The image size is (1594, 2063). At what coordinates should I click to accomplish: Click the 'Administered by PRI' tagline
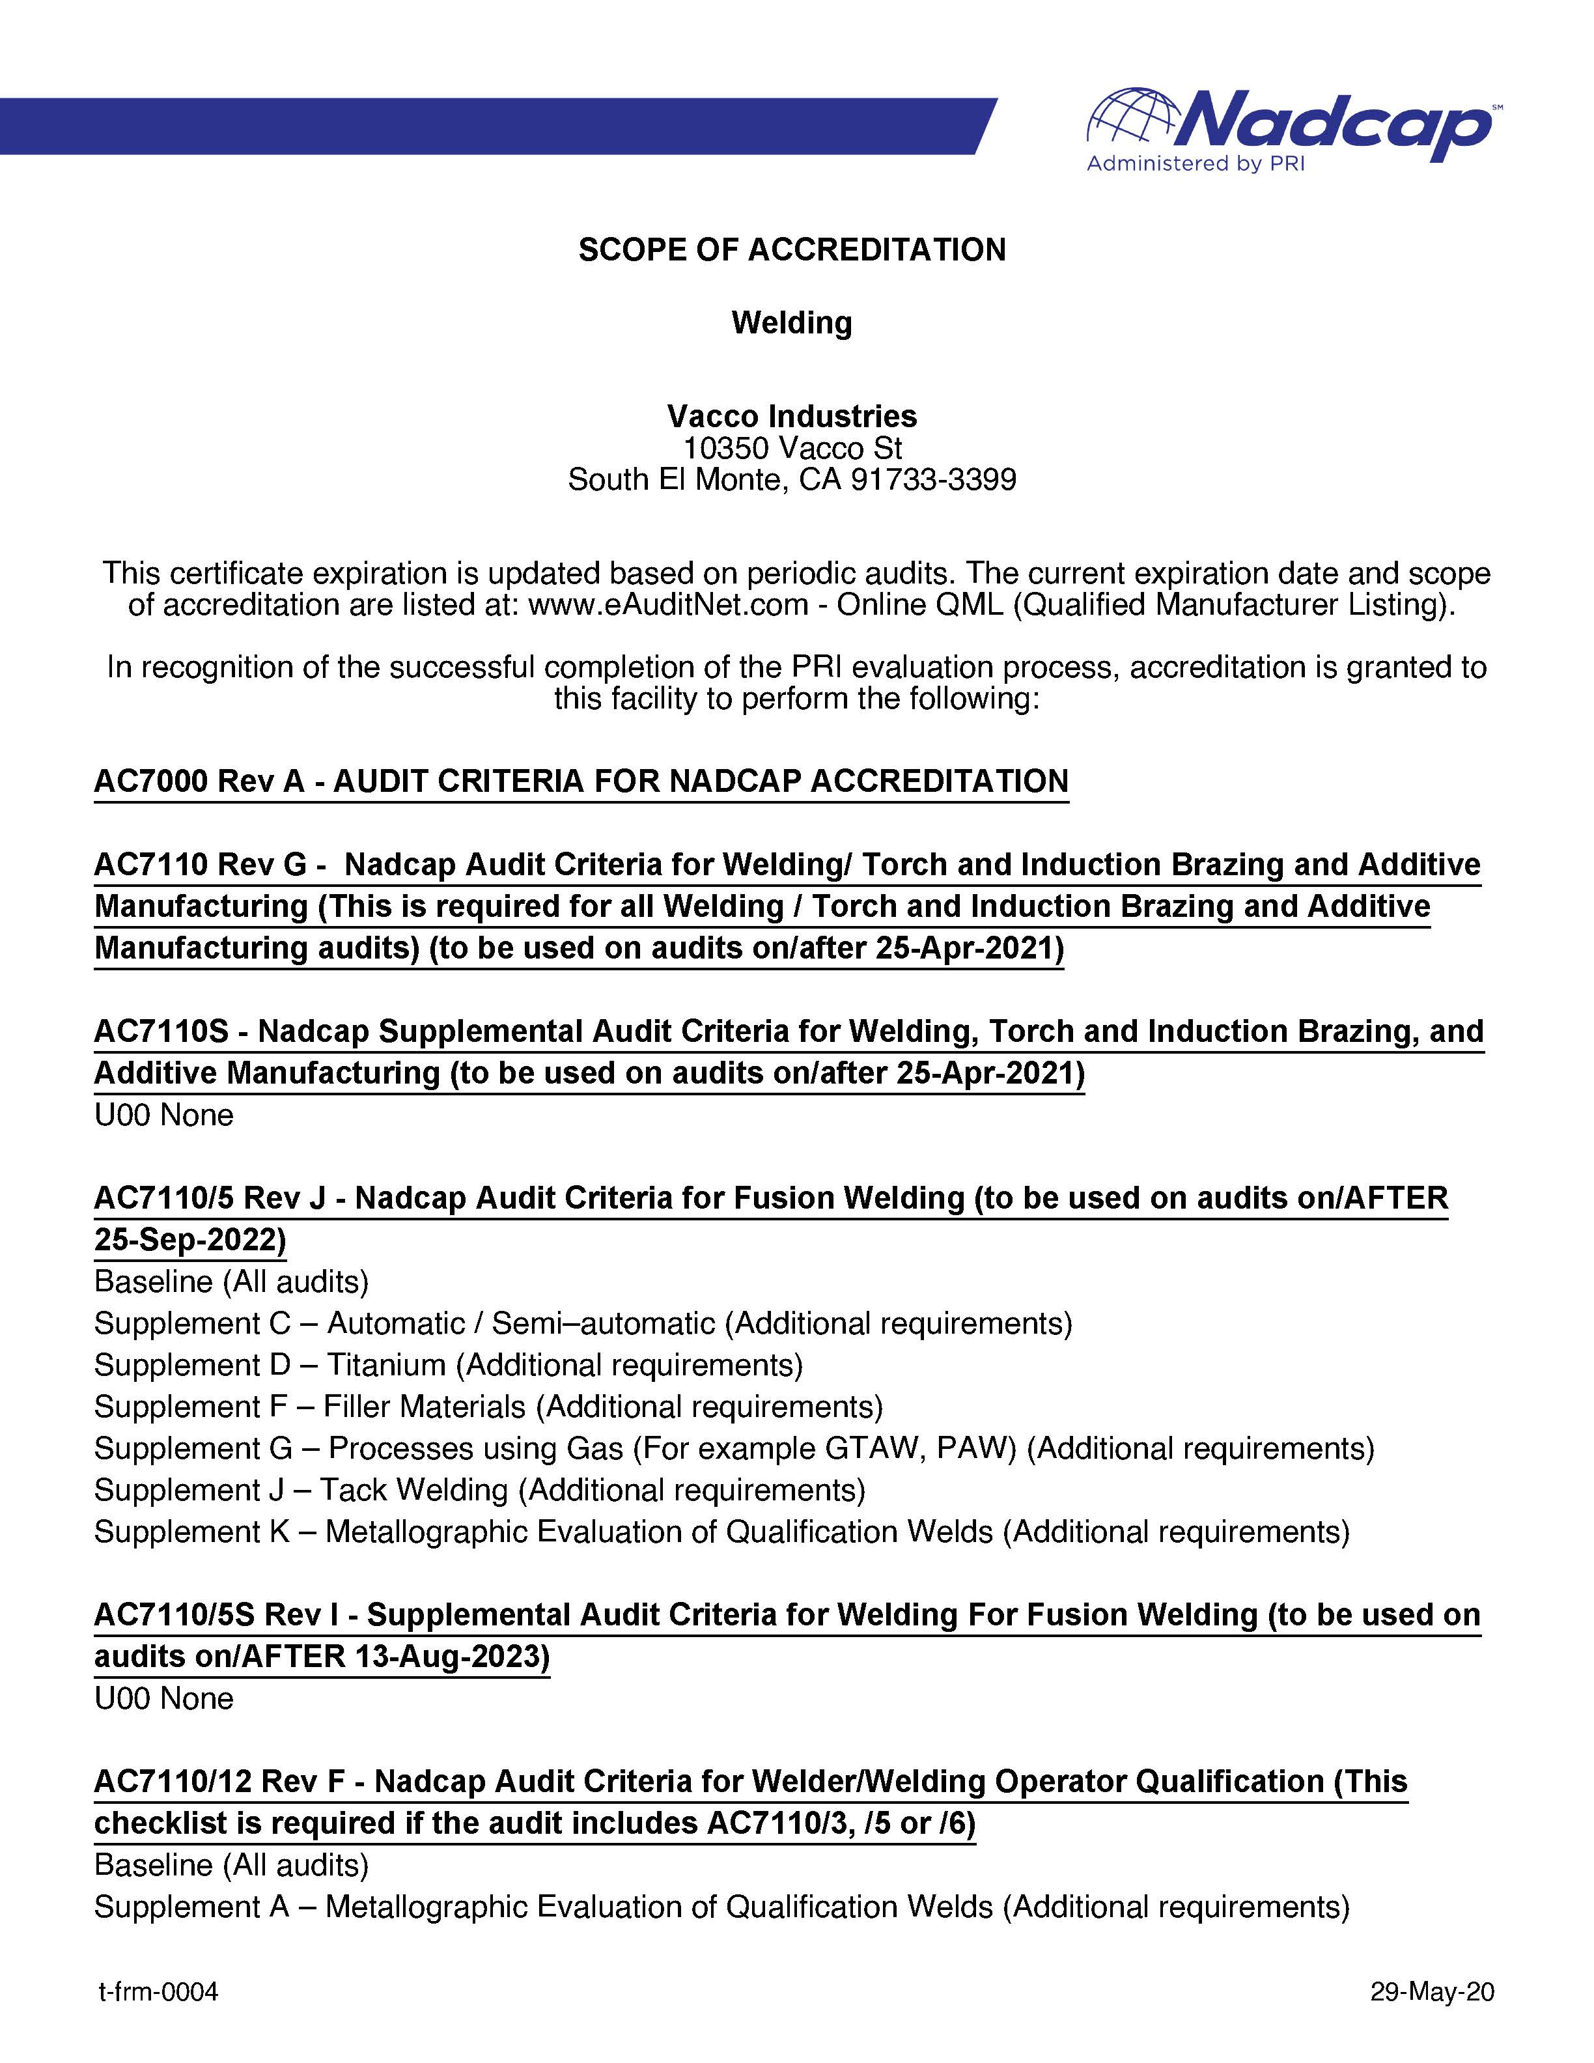pos(1195,164)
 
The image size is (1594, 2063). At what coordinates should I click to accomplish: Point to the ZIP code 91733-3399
pos(933,480)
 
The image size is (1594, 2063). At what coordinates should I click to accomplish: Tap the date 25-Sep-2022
pos(189,1239)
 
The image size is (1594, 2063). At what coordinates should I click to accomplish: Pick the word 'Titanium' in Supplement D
pos(386,1365)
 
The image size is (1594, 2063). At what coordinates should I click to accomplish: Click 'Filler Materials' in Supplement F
pos(424,1407)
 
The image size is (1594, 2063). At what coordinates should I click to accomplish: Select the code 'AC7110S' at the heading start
pos(161,1031)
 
